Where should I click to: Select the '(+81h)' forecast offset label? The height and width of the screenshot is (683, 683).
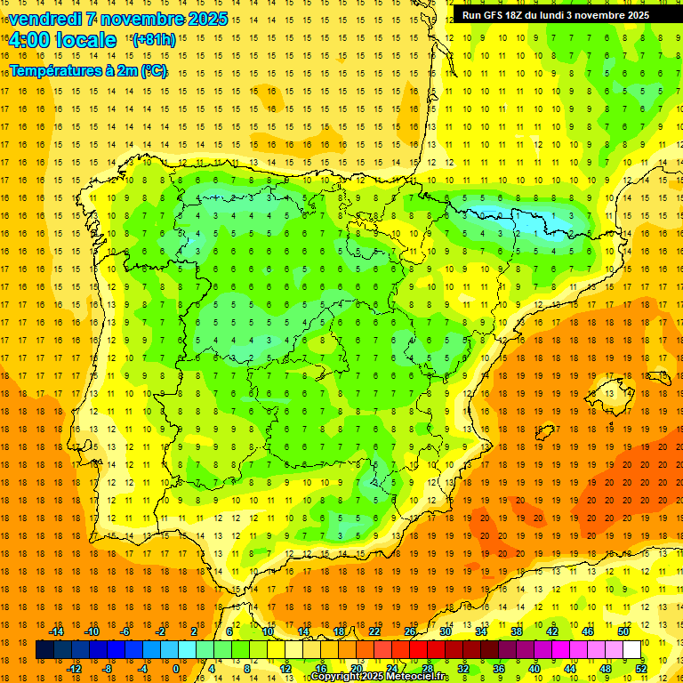153,40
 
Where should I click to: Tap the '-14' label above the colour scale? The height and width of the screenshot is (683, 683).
58,631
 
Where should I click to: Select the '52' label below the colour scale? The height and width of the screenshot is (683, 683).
641,669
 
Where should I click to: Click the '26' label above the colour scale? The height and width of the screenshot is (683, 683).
410,631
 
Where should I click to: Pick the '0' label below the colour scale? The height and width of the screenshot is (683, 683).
175,669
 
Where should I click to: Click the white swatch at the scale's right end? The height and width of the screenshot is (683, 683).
631,649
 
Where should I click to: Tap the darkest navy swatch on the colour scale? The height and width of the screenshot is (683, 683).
44,649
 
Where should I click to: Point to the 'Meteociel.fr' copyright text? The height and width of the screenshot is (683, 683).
416,677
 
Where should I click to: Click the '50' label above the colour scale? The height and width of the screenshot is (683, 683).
623,631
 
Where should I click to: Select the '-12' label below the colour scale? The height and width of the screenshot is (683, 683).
74,669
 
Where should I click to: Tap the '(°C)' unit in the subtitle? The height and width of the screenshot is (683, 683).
153,70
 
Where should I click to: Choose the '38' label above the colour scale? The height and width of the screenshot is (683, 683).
517,631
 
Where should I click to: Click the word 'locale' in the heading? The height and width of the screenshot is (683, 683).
85,40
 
